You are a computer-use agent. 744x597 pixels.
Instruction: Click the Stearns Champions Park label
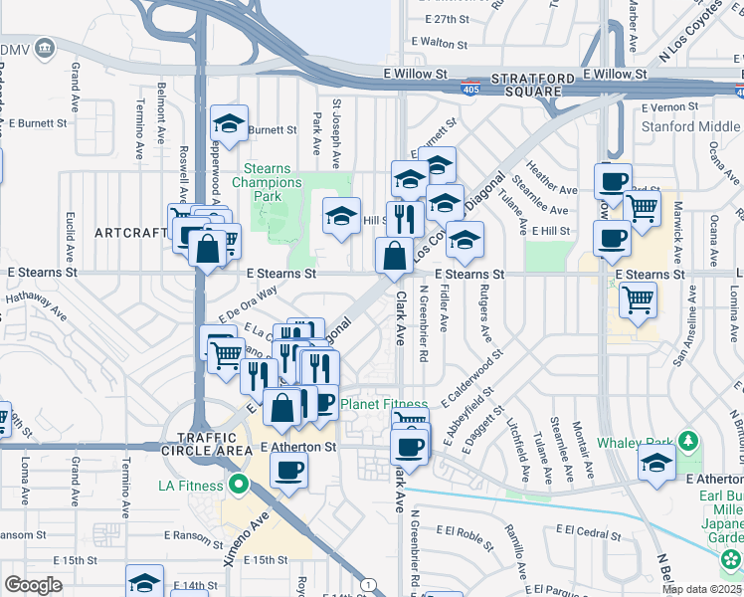tap(268, 182)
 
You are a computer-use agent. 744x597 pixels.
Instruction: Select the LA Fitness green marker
tap(237, 485)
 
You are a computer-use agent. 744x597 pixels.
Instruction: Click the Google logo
tap(33, 585)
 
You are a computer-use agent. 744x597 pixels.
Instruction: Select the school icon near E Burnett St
tap(229, 124)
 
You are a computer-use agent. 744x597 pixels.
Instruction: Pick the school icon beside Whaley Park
tap(656, 463)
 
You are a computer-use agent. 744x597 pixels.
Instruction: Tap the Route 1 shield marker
tap(368, 584)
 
